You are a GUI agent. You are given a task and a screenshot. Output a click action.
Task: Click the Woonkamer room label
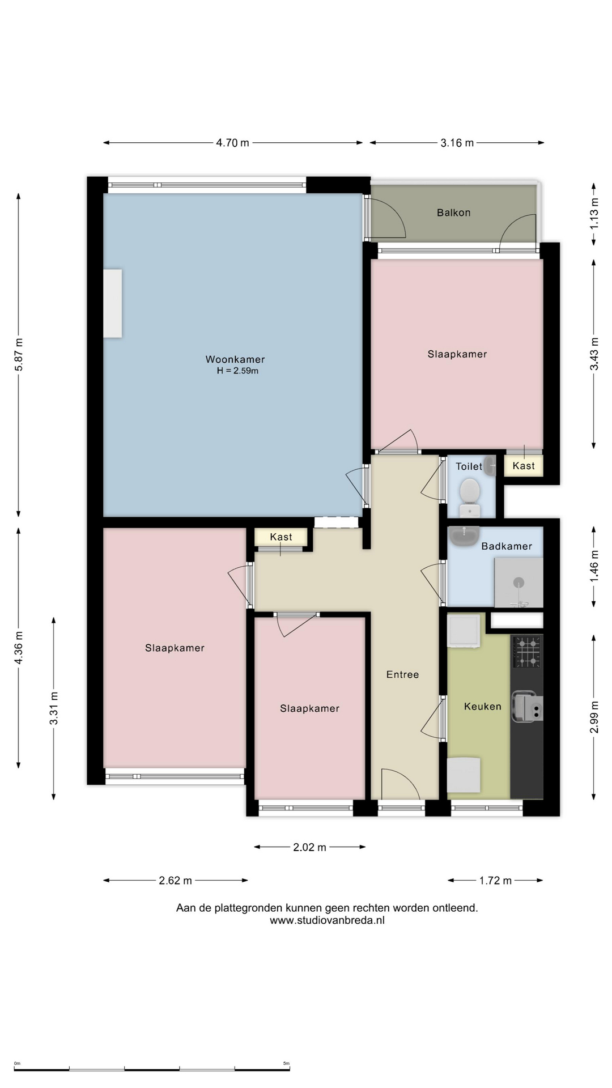tap(235, 359)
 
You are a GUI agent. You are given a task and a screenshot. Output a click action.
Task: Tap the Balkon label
tap(453, 212)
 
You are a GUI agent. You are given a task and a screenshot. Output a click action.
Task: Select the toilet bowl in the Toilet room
tap(470, 498)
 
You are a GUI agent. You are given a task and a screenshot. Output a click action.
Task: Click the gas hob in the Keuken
tap(527, 652)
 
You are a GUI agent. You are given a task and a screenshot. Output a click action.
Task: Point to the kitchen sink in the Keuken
tap(527, 706)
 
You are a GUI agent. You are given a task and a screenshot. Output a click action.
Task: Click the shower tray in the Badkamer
tap(518, 583)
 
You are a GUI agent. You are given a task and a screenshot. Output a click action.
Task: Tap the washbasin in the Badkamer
tap(464, 535)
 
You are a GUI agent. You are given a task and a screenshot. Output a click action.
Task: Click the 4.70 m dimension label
tap(232, 143)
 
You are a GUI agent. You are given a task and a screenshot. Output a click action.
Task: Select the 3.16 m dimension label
tap(457, 143)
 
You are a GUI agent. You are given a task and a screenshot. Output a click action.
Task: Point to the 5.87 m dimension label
tap(19, 355)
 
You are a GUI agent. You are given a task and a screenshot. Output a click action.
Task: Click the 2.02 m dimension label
tap(309, 847)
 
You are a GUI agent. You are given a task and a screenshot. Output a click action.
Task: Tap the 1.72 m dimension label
tap(495, 881)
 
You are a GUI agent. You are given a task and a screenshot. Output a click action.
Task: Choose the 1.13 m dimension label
tap(594, 214)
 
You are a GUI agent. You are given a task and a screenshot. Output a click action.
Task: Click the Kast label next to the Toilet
tap(524, 466)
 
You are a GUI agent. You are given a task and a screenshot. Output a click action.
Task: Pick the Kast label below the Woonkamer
tap(281, 537)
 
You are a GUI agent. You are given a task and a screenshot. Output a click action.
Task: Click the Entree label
tap(402, 674)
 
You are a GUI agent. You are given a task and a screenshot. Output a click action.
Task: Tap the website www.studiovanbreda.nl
tap(327, 920)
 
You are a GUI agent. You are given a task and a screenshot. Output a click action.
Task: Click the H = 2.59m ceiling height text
tap(237, 371)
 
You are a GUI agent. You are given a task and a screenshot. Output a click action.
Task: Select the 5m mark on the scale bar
tap(286, 1064)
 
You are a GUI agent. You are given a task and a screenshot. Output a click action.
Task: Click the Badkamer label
tap(507, 546)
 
